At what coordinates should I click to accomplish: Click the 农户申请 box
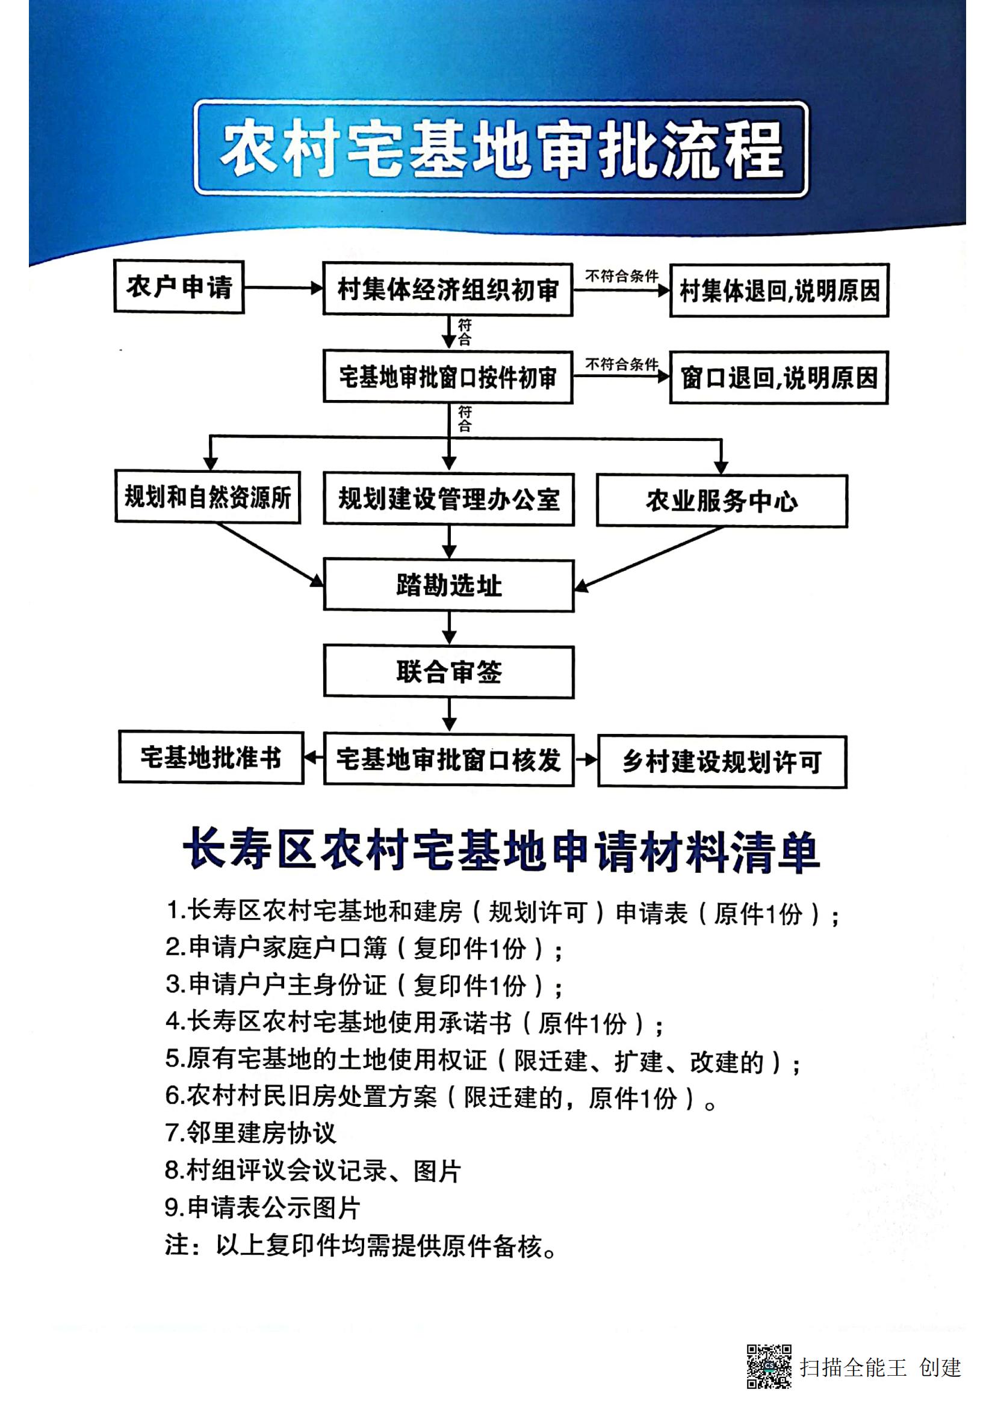pos(179,287)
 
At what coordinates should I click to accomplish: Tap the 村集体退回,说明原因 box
pos(779,291)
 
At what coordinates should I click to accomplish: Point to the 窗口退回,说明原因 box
pos(779,378)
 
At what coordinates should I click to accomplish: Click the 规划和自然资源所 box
pos(208,497)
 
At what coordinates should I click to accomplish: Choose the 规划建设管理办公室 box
pos(449,499)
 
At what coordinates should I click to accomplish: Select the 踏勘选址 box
pos(449,585)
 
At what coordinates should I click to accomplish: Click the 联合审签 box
pos(449,673)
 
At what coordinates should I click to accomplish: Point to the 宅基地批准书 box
pos(211,757)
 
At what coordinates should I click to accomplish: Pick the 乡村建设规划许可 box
pos(722,762)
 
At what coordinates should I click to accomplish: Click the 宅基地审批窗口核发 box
pos(449,760)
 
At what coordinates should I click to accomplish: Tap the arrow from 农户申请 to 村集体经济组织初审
pos(284,288)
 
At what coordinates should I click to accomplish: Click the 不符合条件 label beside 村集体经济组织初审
pos(622,276)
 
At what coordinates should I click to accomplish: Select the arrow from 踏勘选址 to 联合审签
pos(450,629)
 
